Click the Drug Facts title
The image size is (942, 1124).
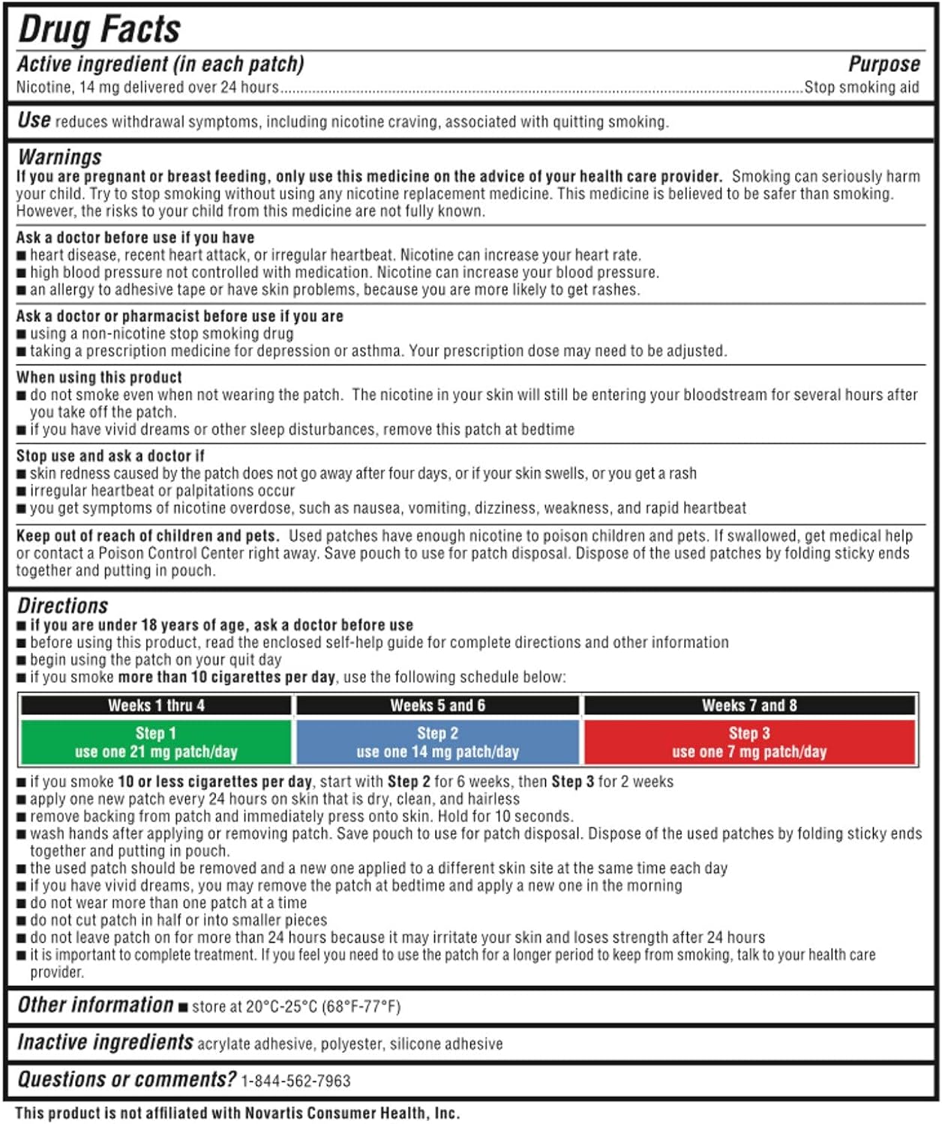pos(99,30)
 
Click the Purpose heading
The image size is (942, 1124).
pos(883,64)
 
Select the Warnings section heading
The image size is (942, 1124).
pos(60,157)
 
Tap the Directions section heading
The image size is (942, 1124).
pos(63,605)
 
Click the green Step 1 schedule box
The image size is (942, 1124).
pos(156,743)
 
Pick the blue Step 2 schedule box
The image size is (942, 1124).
pos(437,743)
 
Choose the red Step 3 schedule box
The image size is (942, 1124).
pos(749,743)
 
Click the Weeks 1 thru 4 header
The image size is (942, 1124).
pos(156,705)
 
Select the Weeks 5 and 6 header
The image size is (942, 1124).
pos(437,705)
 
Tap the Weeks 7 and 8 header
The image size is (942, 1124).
pos(749,705)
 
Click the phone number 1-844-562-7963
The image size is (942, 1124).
pos(295,1081)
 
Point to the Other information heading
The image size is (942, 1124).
pos(95,1005)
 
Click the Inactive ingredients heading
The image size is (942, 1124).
pos(105,1042)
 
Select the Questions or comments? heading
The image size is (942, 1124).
pos(127,1079)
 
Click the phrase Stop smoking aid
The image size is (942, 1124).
pos(861,88)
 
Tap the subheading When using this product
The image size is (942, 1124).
pos(99,377)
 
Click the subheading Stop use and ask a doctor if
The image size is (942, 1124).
pos(110,456)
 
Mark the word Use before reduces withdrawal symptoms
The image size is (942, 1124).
pos(34,120)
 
